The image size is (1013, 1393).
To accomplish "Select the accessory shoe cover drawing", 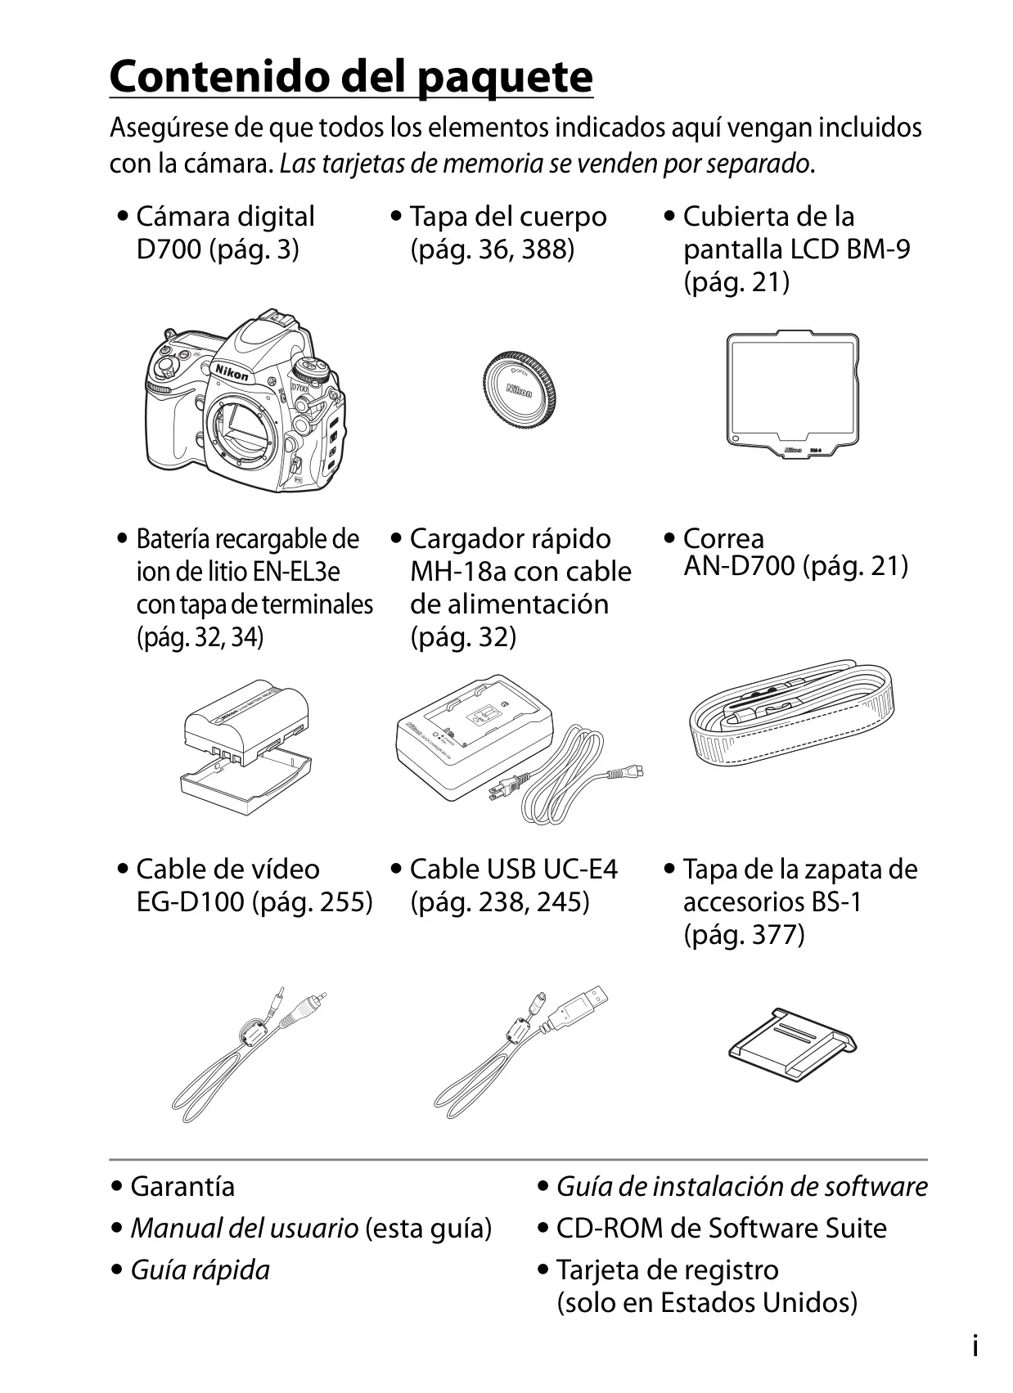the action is pos(792,1045).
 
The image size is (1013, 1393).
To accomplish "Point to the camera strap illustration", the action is pos(791,713).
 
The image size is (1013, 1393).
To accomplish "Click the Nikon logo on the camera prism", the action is pos(232,372).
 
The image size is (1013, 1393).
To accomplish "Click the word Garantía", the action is pos(182,1187).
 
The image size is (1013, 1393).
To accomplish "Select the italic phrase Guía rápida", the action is pos(200,1270).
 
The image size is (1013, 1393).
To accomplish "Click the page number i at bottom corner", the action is pos(975,1347).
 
